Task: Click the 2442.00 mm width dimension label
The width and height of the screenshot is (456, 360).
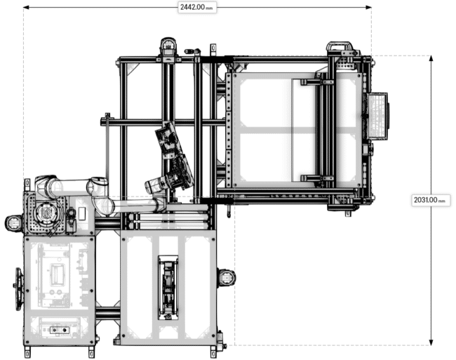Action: (196, 6)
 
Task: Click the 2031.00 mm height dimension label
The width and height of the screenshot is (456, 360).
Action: (430, 200)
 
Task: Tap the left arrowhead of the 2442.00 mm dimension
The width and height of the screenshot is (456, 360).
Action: (27, 7)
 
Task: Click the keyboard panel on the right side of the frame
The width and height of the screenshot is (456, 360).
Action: (378, 115)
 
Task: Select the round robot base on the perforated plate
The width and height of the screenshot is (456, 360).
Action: (46, 211)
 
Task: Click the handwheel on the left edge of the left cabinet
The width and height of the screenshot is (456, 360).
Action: (19, 288)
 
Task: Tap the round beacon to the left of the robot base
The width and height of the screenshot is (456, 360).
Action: (13, 223)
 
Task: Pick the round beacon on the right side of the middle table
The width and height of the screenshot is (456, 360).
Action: (226, 277)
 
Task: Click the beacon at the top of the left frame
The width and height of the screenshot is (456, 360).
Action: (167, 47)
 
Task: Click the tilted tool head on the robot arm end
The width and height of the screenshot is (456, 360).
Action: (169, 141)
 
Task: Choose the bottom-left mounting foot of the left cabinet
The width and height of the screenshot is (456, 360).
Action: (28, 350)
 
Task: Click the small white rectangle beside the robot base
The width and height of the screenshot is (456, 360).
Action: (81, 213)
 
